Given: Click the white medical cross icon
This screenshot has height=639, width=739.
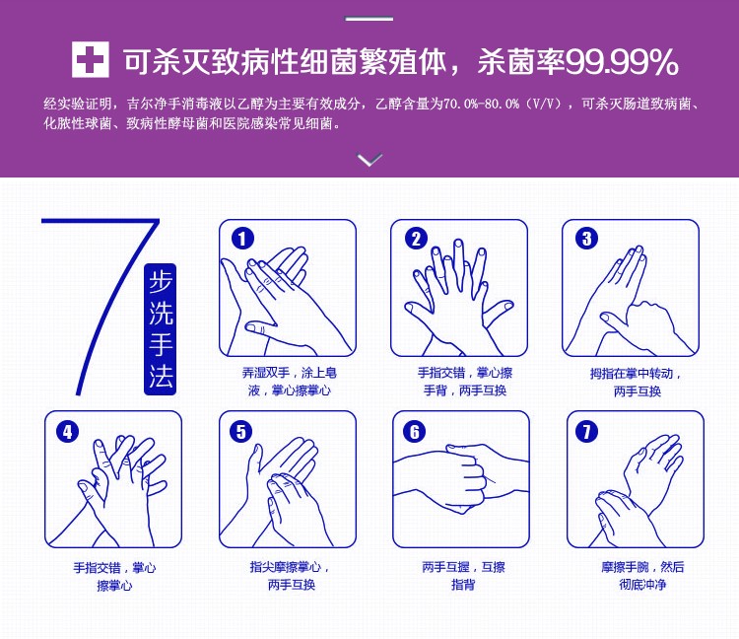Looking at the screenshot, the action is [90, 59].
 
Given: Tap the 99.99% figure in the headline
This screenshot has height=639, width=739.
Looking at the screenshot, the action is [622, 62].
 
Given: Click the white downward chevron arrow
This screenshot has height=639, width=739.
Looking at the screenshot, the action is [369, 160].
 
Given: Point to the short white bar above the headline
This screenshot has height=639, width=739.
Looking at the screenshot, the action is [369, 19].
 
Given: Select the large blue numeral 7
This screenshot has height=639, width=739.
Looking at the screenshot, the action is [101, 302].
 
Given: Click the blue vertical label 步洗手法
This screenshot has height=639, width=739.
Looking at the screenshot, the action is [161, 329].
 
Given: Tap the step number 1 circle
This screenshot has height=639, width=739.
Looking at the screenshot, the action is [242, 239].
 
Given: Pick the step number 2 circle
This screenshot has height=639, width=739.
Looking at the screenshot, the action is [416, 239].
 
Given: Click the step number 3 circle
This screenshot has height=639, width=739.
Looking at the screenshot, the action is [587, 239].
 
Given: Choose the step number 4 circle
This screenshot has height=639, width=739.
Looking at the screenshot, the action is [67, 432].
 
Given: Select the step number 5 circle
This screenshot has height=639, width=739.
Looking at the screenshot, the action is [240, 432].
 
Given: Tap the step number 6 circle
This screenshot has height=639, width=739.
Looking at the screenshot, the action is [414, 432].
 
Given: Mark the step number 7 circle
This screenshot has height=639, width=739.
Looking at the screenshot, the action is [587, 432].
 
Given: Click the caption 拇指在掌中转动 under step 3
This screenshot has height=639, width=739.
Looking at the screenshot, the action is [632, 374].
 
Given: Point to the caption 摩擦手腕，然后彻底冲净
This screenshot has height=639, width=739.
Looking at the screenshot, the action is [642, 575].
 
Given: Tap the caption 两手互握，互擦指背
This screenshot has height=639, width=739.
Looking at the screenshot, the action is [463, 575].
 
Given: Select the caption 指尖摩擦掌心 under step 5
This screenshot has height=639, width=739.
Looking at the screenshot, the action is [286, 567].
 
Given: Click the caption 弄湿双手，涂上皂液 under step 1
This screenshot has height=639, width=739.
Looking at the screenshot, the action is [290, 382].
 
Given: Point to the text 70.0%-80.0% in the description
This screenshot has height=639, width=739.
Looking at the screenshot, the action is [480, 104].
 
